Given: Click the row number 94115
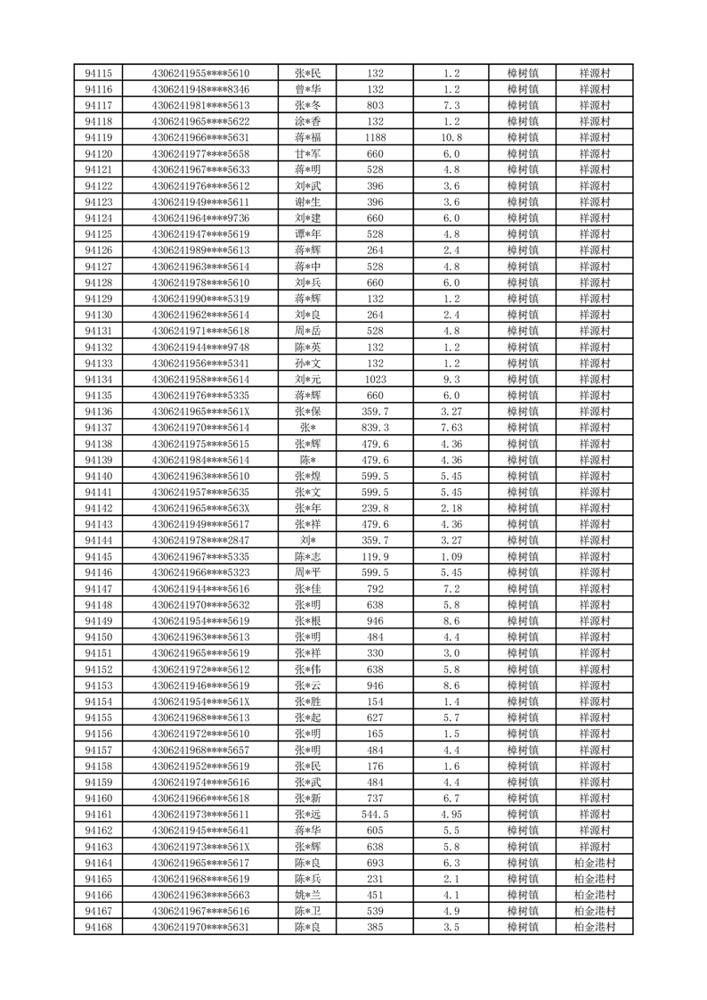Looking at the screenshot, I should click(x=98, y=73).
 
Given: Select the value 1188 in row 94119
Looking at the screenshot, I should click(x=375, y=137).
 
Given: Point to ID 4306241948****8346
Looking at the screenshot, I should click(x=200, y=89).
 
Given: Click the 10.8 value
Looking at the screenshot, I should click(x=451, y=137).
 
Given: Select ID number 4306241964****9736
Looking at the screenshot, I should click(x=200, y=218).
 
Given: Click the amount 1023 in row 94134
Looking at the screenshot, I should click(x=375, y=380).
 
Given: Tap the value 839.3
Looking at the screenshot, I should click(x=375, y=428).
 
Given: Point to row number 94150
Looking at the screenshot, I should click(x=98, y=637).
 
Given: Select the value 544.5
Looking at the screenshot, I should click(x=375, y=815).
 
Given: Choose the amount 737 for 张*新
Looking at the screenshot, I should click(x=375, y=799).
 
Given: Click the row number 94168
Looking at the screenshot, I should click(x=98, y=928).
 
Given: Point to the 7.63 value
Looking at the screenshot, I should click(x=451, y=428).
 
